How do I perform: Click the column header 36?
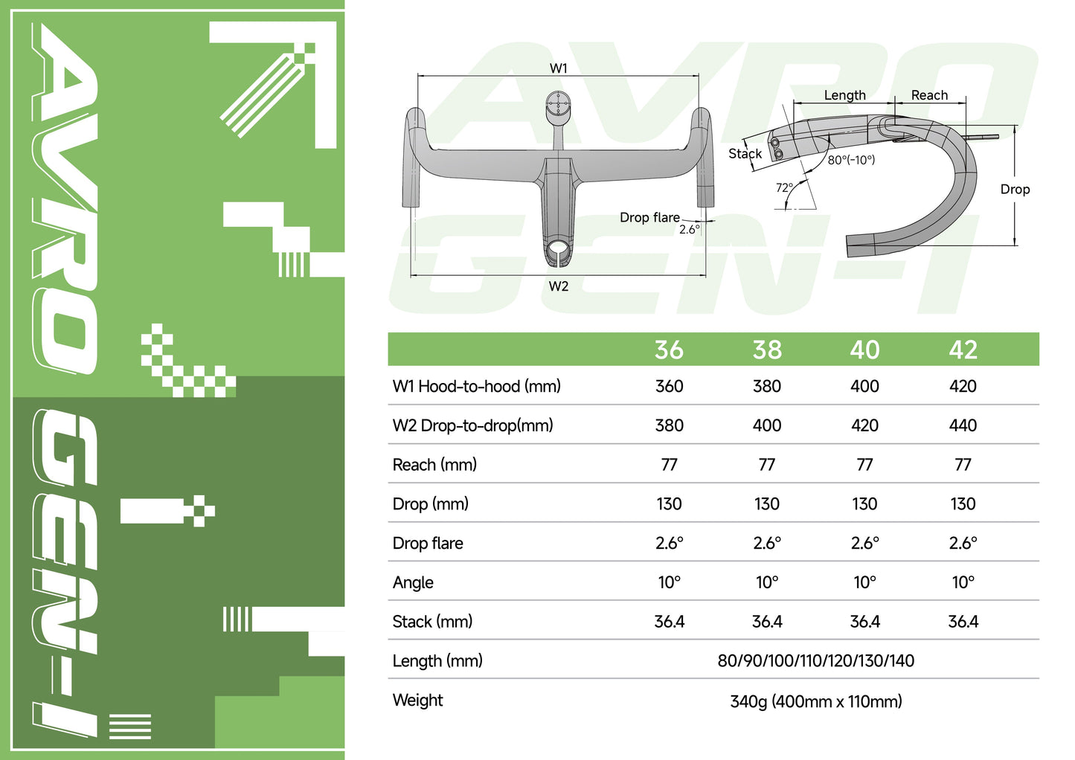pos(669,350)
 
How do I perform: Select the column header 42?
pos(963,350)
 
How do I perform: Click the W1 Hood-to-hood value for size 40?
pos(864,386)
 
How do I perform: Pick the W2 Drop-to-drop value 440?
pos(963,425)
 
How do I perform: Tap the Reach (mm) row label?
pos(434,465)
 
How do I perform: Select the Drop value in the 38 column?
pos(766,504)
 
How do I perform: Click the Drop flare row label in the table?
pos(428,544)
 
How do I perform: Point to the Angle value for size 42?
pos(963,582)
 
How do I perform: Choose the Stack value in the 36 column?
pos(669,622)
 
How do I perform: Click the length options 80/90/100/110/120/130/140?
pos(815,661)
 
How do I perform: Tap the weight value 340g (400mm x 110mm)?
pos(815,701)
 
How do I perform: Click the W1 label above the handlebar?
pos(559,68)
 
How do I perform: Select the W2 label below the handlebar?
pos(559,286)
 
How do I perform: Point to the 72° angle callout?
pos(784,188)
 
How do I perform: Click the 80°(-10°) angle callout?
pos(851,160)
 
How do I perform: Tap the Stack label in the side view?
pos(745,154)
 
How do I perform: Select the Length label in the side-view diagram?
pos(844,95)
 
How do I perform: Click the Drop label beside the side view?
pos(1015,190)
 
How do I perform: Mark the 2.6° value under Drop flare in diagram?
pos(689,230)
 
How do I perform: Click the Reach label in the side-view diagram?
pos(929,95)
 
